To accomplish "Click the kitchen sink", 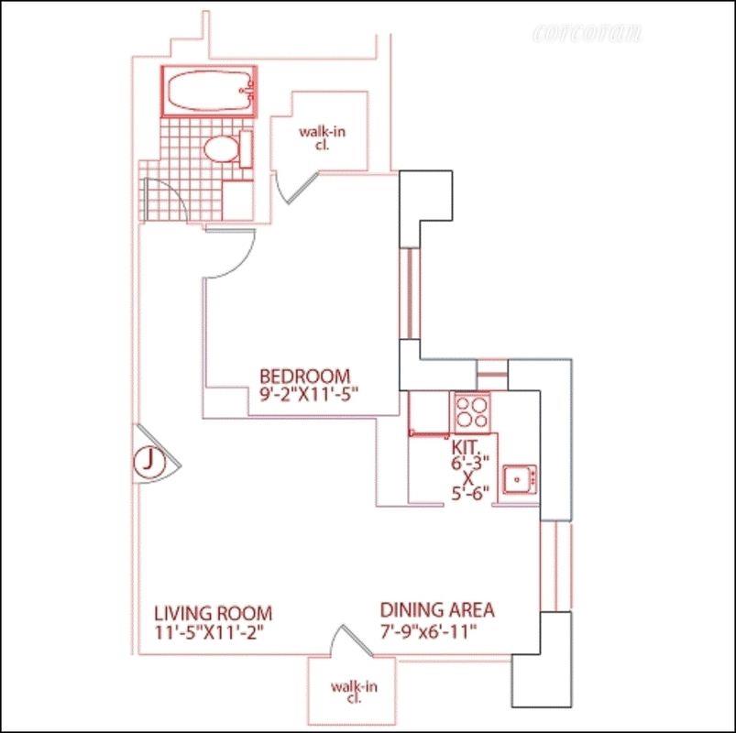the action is click(519, 479).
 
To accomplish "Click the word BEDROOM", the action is click(305, 376).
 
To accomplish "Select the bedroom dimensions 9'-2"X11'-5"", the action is click(308, 395).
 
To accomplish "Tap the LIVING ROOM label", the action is click(213, 613).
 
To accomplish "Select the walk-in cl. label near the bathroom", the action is click(322, 137).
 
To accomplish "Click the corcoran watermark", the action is click(587, 34).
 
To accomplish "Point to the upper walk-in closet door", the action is click(298, 188).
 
